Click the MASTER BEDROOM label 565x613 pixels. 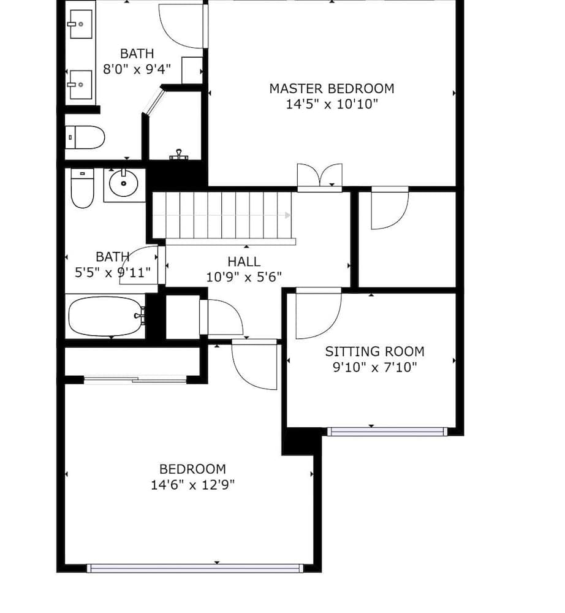[332, 89]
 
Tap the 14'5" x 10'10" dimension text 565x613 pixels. [332, 104]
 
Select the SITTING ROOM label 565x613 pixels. [374, 351]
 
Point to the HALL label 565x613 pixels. [244, 262]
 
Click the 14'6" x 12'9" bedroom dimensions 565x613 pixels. [192, 485]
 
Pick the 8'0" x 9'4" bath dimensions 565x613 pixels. [137, 69]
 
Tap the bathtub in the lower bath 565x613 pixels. [106, 316]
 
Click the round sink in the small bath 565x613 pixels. [123, 183]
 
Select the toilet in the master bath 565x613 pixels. [85, 137]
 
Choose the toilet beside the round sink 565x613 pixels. [83, 188]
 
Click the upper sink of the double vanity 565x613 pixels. [81, 25]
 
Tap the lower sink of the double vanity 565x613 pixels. [81, 85]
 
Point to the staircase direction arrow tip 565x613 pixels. [290, 215]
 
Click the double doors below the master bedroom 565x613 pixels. [320, 178]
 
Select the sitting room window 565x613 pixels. [387, 432]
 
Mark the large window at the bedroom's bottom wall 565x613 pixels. [195, 568]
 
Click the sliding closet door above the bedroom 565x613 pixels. [135, 379]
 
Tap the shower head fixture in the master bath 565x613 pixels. [178, 155]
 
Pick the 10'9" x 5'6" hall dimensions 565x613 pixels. [244, 277]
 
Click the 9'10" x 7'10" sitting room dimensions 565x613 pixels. [374, 367]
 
